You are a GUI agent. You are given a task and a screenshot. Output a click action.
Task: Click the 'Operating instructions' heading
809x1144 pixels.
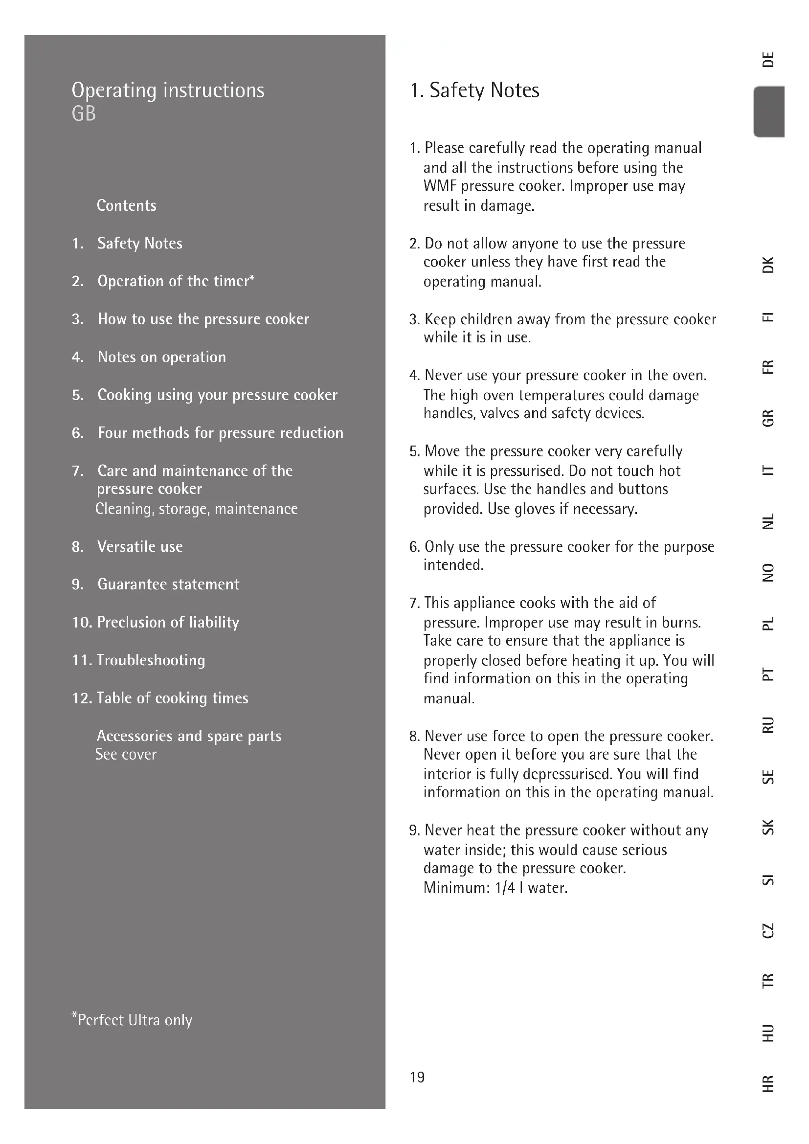(168, 90)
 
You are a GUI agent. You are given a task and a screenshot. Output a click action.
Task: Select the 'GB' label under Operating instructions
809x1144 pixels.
(84, 114)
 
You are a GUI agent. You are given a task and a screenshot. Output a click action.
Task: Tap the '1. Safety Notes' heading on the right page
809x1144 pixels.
(474, 90)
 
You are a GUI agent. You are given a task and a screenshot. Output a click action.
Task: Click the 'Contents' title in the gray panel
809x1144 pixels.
(127, 205)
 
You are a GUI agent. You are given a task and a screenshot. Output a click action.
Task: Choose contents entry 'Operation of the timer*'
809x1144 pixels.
(176, 281)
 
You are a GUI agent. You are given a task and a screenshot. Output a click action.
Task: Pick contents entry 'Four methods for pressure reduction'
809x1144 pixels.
(220, 432)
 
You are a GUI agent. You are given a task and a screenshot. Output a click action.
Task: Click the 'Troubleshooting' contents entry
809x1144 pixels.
(151, 660)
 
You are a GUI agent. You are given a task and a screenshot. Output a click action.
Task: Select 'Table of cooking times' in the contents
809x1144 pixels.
(172, 697)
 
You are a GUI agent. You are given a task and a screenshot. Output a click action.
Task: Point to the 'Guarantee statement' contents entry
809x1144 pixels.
(168, 584)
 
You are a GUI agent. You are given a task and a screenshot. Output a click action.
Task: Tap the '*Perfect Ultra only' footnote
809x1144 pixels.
(132, 1019)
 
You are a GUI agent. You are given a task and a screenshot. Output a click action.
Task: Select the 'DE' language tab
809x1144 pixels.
(769, 59)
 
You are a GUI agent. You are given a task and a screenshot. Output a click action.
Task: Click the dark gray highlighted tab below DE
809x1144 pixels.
(770, 111)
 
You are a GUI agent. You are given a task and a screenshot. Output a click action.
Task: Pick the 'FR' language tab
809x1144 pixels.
(769, 367)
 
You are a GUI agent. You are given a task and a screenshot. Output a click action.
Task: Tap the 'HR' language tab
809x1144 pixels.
(769, 1083)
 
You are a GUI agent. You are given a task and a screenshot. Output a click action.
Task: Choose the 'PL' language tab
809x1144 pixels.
(769, 623)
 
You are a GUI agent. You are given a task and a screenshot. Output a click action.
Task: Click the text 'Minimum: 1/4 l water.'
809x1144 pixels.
(495, 888)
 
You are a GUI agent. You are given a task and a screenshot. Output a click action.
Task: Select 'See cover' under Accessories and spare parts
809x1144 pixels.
(126, 754)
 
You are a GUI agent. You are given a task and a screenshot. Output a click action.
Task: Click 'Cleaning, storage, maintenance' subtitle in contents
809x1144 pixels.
(196, 509)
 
